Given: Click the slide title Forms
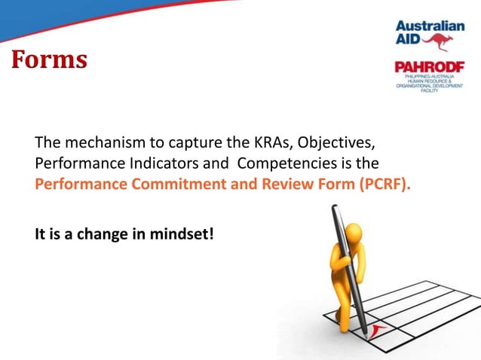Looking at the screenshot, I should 48,59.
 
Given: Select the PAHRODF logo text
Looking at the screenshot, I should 430,67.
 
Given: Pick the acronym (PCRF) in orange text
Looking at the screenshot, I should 385,184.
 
